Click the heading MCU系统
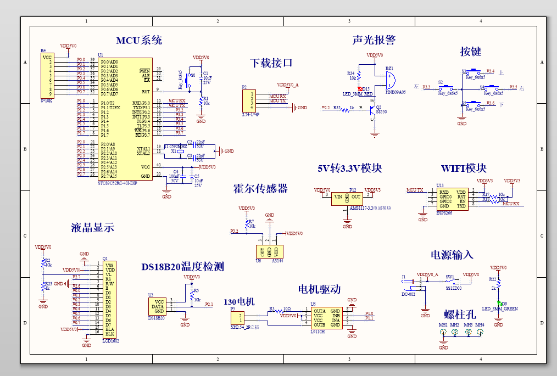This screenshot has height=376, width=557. tap(138, 40)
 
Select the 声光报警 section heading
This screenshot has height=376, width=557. tap(374, 40)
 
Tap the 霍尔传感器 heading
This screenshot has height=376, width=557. tap(260, 188)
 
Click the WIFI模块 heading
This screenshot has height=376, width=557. tap(464, 168)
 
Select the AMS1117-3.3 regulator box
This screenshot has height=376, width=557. tap(347, 198)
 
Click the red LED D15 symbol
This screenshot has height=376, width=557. tap(360, 88)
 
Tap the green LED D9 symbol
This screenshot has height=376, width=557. tap(499, 303)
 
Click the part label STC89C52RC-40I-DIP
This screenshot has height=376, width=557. tap(117, 183)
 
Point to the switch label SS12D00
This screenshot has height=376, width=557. tap(453, 288)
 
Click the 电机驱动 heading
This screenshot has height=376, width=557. tap(319, 289)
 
